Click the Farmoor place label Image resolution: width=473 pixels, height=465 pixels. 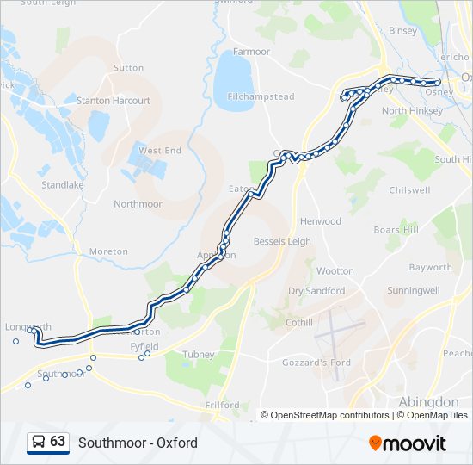tap(251, 52)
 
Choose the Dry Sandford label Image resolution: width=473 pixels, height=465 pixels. tap(316, 291)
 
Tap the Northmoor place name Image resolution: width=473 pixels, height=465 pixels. tap(138, 204)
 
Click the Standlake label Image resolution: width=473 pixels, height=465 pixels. tap(62, 184)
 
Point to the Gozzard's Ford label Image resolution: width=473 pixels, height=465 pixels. tap(316, 363)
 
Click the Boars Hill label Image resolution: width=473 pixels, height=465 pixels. tap(396, 230)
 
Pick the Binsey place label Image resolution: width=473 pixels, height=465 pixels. tap(402, 31)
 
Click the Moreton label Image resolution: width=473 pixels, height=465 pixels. tap(108, 251)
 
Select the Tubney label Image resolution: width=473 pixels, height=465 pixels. tap(198, 354)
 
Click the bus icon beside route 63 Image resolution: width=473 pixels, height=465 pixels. tap(39, 443)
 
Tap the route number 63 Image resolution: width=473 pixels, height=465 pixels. tap(58, 442)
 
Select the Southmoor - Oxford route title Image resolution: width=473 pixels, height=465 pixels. tap(138, 443)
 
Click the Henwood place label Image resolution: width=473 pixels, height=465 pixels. tap(320, 221)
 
